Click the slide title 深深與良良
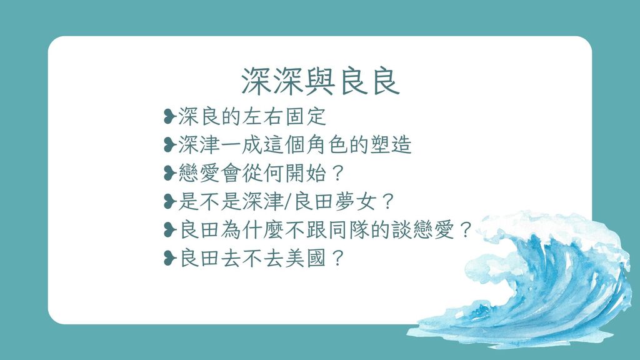point(321,81)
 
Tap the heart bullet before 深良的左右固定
point(169,117)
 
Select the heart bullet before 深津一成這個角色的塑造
point(169,145)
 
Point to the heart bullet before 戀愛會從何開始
point(169,173)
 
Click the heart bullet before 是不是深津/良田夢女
point(169,202)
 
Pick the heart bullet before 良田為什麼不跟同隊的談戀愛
point(169,230)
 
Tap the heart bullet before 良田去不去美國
point(169,258)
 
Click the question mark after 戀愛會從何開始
point(337,174)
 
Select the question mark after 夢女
point(388,202)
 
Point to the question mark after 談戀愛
point(465,230)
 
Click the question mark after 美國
point(337,258)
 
